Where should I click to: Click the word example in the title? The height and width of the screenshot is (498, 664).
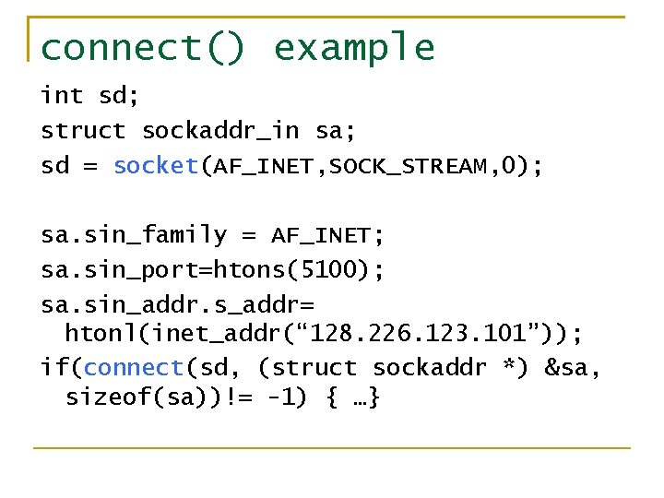click(354, 48)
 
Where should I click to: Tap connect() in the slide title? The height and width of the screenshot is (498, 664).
click(144, 48)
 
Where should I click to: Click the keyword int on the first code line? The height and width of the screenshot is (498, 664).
click(62, 96)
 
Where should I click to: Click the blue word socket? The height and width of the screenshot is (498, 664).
click(156, 166)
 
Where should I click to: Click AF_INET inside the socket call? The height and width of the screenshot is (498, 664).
click(267, 167)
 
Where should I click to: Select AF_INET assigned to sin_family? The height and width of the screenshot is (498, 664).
click(320, 236)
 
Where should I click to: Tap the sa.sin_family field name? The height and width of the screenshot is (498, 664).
click(133, 236)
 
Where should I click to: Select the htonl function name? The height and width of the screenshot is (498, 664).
click(96, 332)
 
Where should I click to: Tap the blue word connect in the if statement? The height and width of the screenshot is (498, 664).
click(134, 368)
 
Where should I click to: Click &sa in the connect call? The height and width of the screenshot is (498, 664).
click(571, 368)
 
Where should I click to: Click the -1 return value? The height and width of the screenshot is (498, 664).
click(279, 398)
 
